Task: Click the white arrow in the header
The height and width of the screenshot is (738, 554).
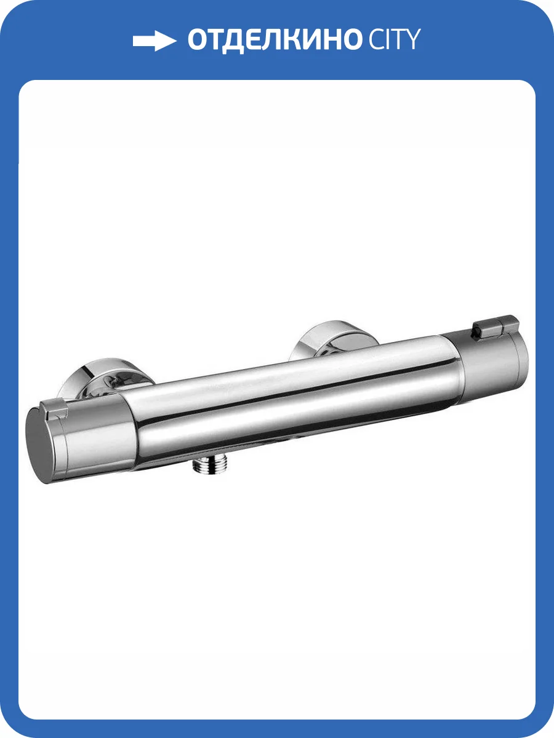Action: point(155,41)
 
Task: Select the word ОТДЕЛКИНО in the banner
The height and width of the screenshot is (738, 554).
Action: point(275,40)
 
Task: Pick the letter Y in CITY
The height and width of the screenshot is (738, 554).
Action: point(412,39)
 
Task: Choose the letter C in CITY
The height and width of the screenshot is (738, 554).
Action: point(376,39)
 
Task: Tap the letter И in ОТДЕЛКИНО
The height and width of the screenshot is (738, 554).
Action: point(322,39)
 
